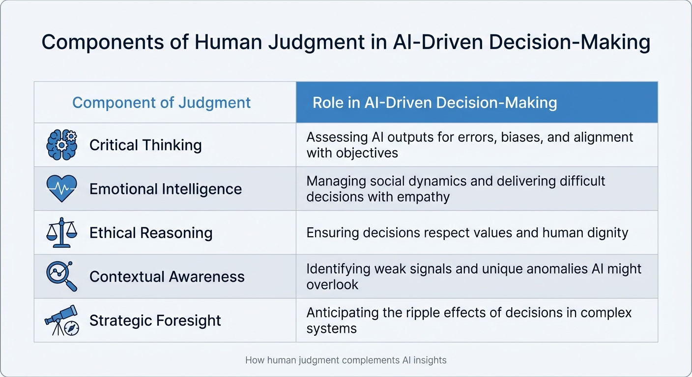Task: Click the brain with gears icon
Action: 61,145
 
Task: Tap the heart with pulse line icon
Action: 61,188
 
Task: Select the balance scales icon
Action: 61,232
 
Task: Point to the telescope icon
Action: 61,320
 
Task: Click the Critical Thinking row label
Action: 145,145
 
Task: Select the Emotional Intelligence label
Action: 166,189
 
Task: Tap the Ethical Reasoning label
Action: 151,233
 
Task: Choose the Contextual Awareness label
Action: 167,276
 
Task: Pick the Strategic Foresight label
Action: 155,321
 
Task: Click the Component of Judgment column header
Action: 161,103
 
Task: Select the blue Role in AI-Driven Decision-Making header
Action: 434,103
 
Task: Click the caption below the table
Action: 346,360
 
